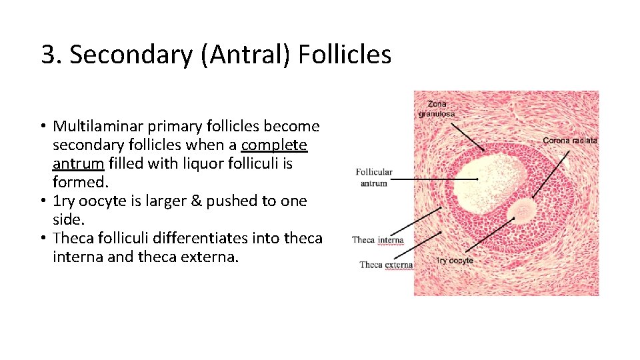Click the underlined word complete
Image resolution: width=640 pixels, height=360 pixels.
[x=274, y=145]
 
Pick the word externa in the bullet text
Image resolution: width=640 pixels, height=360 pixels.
[x=208, y=257]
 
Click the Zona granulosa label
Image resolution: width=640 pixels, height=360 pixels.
[x=437, y=109]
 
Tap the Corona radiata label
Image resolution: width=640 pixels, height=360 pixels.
[x=569, y=140]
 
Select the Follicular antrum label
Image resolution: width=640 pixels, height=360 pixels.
[x=374, y=177]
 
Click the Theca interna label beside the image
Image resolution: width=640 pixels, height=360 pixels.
[x=377, y=240]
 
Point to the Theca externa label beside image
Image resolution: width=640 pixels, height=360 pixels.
[x=385, y=265]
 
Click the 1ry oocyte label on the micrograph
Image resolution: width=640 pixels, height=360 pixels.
[x=455, y=261]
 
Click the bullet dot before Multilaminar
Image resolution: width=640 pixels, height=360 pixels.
[x=42, y=127]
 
